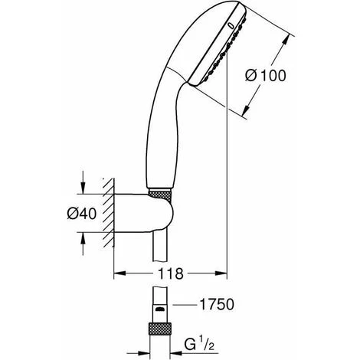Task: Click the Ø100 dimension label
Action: point(266,76)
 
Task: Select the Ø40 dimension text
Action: point(82,214)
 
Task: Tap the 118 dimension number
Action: point(171,273)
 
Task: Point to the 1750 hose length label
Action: point(217,304)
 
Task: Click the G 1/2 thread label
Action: point(199,345)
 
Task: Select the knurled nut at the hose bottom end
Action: point(160,329)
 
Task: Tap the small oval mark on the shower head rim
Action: point(231,25)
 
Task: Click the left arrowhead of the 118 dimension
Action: point(119,273)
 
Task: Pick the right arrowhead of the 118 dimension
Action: point(221,273)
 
